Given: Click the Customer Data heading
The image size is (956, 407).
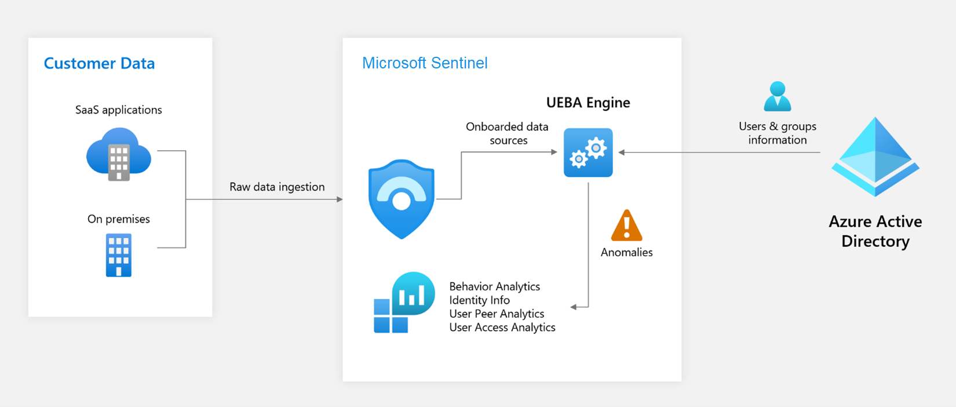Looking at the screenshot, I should (99, 63).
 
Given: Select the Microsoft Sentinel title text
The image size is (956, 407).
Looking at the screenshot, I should (425, 63).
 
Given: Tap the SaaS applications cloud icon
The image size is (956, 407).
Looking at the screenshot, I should (119, 154).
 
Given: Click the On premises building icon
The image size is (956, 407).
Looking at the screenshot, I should (119, 255).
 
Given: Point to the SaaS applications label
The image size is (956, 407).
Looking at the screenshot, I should (119, 110).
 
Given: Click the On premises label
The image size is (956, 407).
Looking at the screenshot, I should (119, 219).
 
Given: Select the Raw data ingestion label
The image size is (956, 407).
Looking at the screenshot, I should (277, 187).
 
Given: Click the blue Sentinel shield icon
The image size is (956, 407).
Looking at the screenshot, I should (402, 199).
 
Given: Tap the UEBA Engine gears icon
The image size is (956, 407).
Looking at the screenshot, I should (588, 152).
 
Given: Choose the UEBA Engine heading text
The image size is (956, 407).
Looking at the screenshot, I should (588, 103).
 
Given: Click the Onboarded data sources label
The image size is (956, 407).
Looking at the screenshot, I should (508, 133).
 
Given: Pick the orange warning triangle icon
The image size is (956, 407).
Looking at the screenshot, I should (627, 226).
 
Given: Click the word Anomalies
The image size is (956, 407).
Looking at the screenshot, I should (626, 252).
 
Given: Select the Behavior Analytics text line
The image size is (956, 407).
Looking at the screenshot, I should (494, 286).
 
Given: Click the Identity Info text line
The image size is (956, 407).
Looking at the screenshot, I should (479, 300).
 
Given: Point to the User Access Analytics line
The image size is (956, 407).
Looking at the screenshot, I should (502, 328).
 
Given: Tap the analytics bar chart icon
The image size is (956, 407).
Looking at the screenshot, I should (404, 302).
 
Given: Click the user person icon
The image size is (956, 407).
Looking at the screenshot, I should (778, 96).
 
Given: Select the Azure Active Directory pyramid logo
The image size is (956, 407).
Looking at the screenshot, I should (875, 157).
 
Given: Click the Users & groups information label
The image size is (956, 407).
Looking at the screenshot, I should (778, 133).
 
